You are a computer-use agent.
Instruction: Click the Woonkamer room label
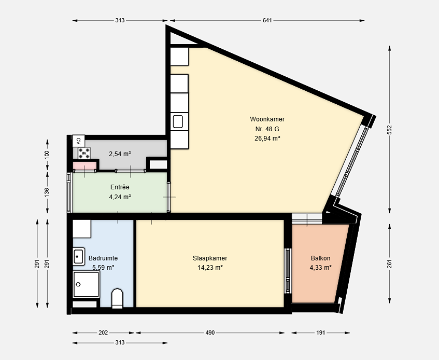pyautogui.click(x=267, y=119)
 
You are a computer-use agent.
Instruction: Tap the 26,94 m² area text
pyautogui.click(x=267, y=139)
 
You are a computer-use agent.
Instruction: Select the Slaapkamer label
pyautogui.click(x=210, y=258)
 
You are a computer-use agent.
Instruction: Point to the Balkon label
pyautogui.click(x=321, y=258)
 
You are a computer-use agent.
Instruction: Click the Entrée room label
pyautogui.click(x=120, y=187)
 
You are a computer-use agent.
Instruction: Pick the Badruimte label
pyautogui.click(x=103, y=258)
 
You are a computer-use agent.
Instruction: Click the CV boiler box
pyautogui.click(x=79, y=141)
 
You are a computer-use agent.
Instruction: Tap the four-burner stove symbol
pyautogui.click(x=84, y=153)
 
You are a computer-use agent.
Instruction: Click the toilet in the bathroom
pyautogui.click(x=117, y=298)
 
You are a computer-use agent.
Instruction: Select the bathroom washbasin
pyautogui.click(x=79, y=256)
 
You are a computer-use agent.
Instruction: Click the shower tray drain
pyautogui.click(x=78, y=284)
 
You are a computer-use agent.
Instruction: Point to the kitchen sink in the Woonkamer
pyautogui.click(x=178, y=121)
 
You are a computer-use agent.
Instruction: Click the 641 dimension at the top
pyautogui.click(x=267, y=20)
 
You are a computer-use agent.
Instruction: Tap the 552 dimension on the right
pyautogui.click(x=389, y=130)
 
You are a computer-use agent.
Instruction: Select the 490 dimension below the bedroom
pyautogui.click(x=210, y=333)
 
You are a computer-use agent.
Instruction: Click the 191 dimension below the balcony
pyautogui.click(x=321, y=333)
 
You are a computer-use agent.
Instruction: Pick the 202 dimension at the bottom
pyautogui.click(x=103, y=333)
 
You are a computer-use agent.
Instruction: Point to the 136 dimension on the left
pyautogui.click(x=47, y=192)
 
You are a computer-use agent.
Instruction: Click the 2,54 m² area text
pyautogui.click(x=120, y=154)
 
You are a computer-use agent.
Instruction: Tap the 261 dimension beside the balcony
pyautogui.click(x=389, y=264)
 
